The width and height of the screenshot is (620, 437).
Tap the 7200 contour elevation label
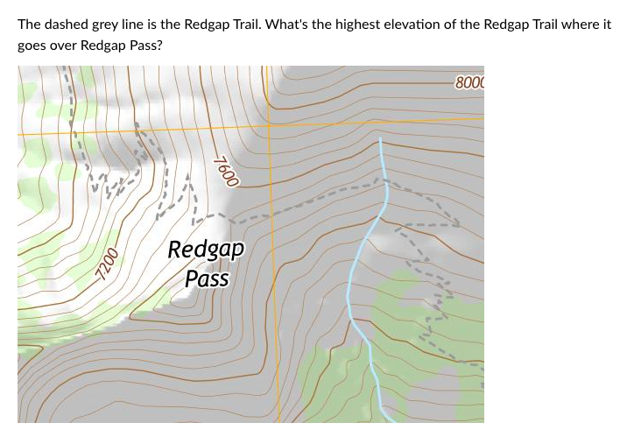tap(107, 263)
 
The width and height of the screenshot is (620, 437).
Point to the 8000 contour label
tap(469, 83)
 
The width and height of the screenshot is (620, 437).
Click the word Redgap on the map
tap(206, 249)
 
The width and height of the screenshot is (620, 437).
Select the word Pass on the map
tap(207, 278)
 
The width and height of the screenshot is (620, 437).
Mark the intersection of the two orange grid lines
tap(268, 124)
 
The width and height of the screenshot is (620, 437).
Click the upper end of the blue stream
tap(380, 139)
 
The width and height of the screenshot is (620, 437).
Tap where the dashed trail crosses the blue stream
tap(383, 183)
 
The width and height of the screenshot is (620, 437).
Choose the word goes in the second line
tap(32, 45)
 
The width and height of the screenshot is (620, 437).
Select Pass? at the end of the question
tap(144, 45)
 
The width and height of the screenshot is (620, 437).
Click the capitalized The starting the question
tap(28, 24)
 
